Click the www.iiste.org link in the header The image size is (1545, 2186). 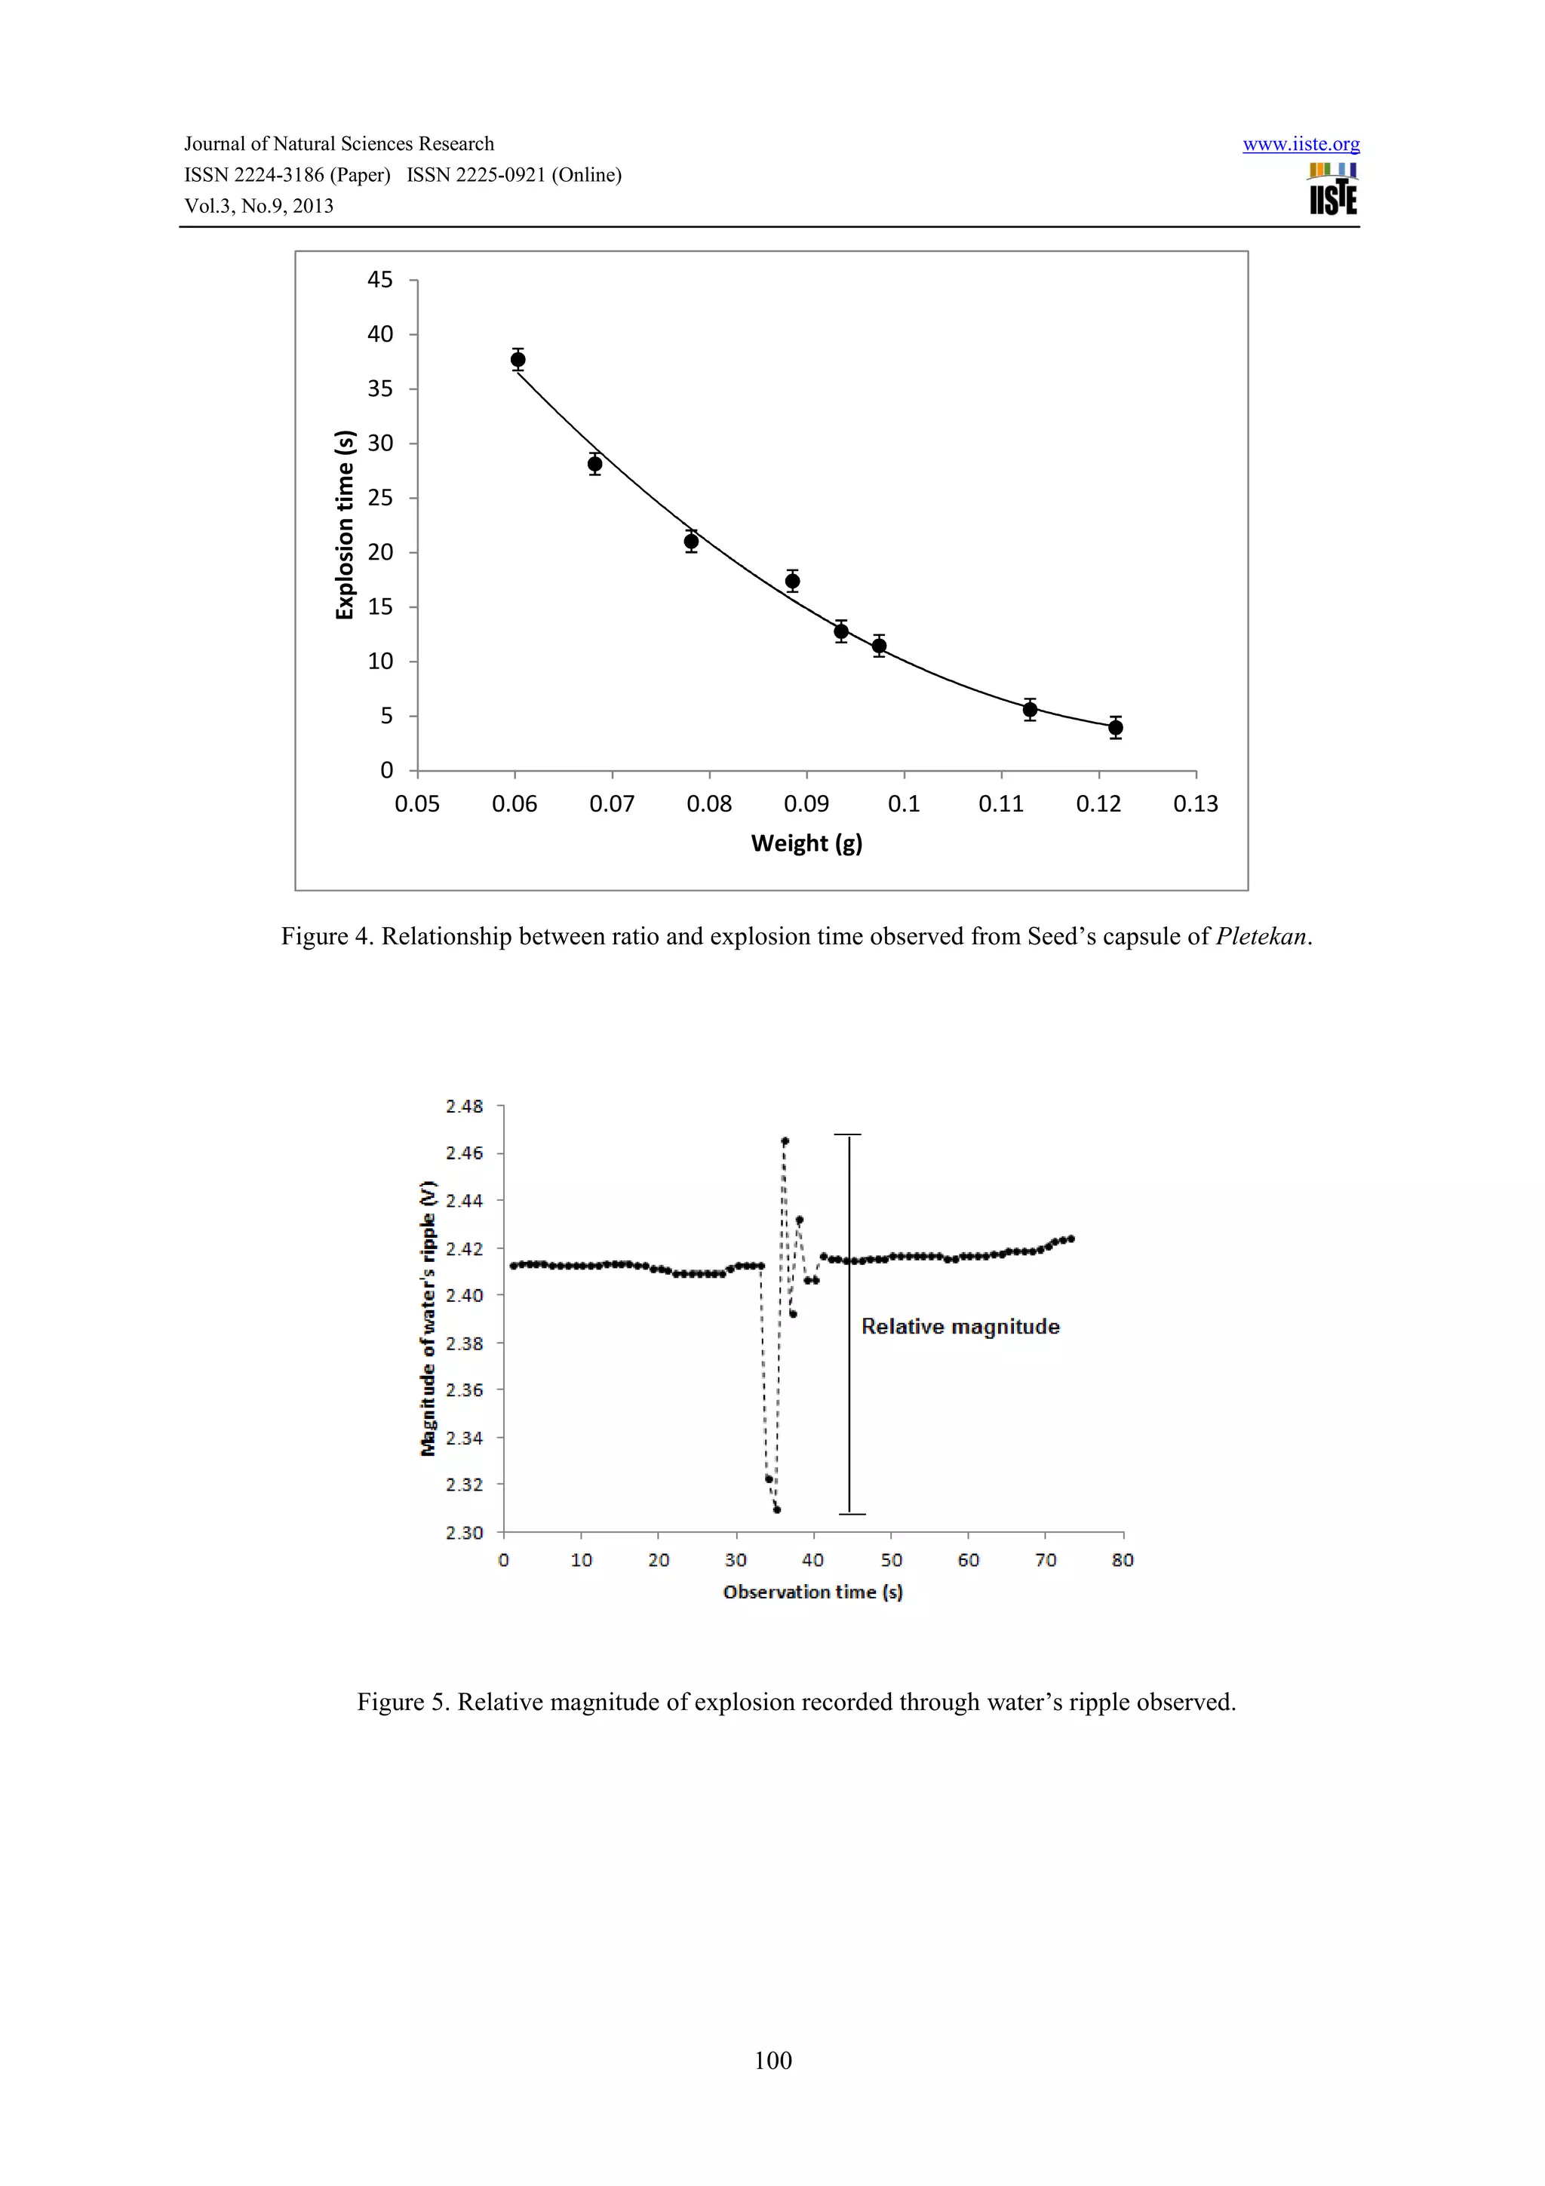pyautogui.click(x=1301, y=145)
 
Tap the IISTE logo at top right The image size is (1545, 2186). pyautogui.click(x=1333, y=189)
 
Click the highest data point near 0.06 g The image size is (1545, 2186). pyautogui.click(x=518, y=360)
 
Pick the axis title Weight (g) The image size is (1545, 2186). pyautogui.click(x=806, y=843)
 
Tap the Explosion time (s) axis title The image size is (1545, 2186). pyautogui.click(x=345, y=524)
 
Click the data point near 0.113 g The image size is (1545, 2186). pyautogui.click(x=1030, y=709)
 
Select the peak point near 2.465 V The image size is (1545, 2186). pyautogui.click(x=785, y=1141)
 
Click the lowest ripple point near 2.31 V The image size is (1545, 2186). pyautogui.click(x=777, y=1509)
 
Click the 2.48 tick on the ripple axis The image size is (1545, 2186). pyautogui.click(x=464, y=1107)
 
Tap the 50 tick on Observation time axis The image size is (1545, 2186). pyautogui.click(x=891, y=1561)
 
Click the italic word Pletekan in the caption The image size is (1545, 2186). pyautogui.click(x=1261, y=937)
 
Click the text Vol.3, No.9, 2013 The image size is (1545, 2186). pyautogui.click(x=259, y=207)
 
